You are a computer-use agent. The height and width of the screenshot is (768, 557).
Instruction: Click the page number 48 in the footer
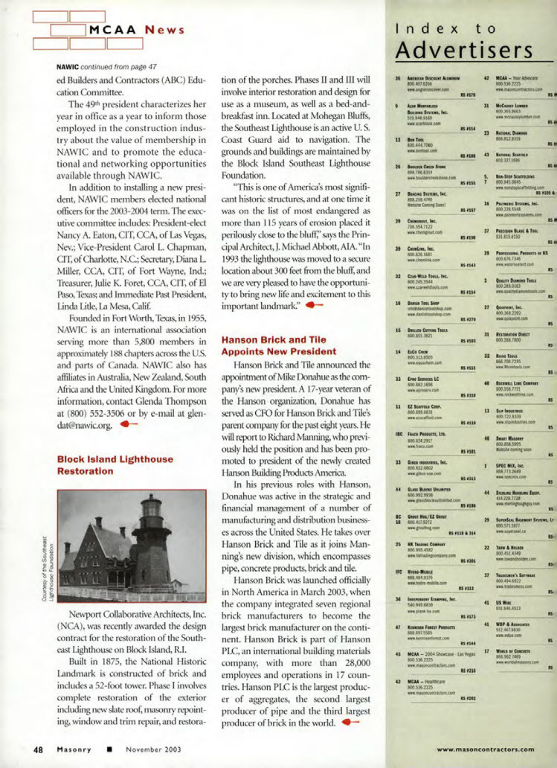(38, 750)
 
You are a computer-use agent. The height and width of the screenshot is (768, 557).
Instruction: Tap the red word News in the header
(164, 30)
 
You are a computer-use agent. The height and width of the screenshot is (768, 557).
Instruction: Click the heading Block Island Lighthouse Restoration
(115, 465)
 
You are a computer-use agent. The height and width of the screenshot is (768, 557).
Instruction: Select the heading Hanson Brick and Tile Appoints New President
(279, 345)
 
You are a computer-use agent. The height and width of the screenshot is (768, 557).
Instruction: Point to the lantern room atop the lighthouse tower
(152, 513)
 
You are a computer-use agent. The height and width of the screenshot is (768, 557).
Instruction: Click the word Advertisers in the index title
(464, 50)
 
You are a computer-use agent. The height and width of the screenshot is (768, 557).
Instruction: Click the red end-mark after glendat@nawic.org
(129, 424)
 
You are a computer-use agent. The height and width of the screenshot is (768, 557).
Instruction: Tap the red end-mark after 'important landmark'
(315, 305)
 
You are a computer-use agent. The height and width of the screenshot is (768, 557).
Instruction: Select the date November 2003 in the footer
(153, 750)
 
